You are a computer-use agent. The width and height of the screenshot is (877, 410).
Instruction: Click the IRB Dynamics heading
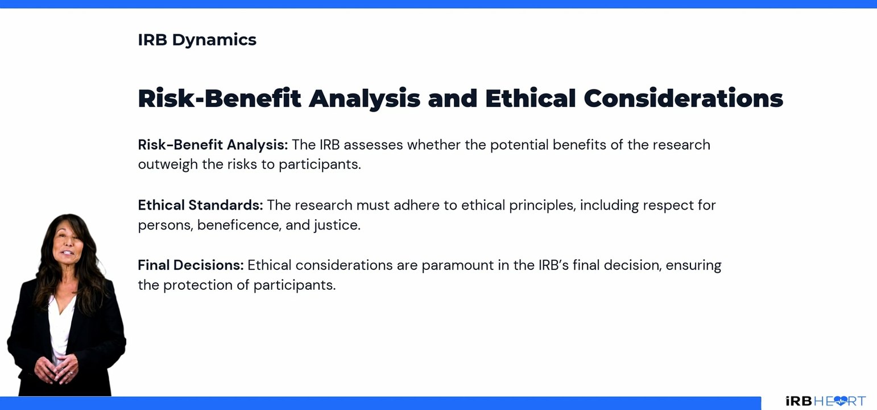197,40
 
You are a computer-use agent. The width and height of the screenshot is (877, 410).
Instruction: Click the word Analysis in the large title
364,99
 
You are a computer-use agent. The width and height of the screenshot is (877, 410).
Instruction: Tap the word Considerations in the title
683,99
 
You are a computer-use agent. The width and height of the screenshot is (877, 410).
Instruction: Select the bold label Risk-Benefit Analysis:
213,145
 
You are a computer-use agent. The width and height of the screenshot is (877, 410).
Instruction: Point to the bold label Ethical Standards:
200,205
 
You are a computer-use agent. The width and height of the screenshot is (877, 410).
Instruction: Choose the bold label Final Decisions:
191,265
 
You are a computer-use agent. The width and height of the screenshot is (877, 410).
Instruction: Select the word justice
337,225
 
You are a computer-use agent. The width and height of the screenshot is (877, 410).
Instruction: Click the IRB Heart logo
825,401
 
